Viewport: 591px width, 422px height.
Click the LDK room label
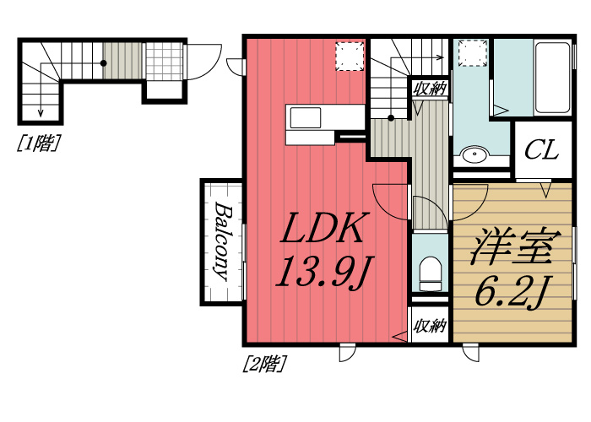pos(322,228)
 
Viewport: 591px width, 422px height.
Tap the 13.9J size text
pos(324,271)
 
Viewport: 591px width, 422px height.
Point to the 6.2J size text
pos(511,292)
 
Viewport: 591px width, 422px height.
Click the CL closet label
pos(541,149)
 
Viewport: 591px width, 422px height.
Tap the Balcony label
pos(222,242)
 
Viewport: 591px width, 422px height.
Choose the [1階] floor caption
pos(39,143)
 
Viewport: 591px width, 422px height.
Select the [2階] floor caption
pos(264,364)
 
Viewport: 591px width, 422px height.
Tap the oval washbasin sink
pos(474,154)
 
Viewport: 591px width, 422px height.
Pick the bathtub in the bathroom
pos(552,78)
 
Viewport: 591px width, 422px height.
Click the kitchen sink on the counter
pos(305,118)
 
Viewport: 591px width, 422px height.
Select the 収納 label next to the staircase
pos(430,89)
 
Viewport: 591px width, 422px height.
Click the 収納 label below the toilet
pos(430,326)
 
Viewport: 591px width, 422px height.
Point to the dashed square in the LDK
pos(350,57)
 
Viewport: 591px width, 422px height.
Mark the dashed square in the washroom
pos(473,53)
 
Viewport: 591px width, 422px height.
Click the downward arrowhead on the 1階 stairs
pos(41,112)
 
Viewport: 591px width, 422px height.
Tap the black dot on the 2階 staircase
pos(391,118)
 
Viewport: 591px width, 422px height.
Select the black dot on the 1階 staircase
pos(103,63)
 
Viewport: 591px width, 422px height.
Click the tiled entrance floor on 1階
pos(164,61)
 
